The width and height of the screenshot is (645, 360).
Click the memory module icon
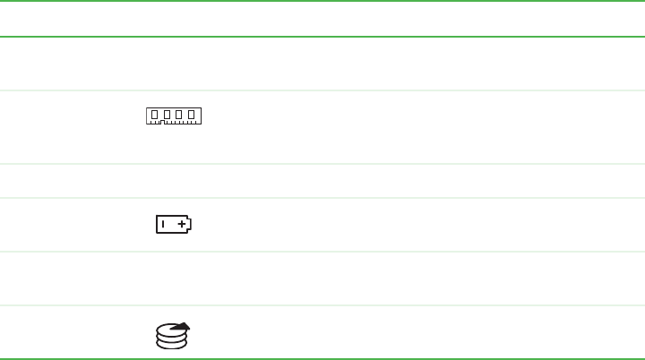tap(174, 116)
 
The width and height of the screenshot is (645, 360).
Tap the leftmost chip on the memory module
tap(154, 115)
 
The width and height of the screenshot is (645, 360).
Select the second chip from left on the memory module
tap(167, 115)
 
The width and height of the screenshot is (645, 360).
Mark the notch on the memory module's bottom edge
tap(160, 123)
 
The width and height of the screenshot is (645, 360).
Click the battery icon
tap(174, 225)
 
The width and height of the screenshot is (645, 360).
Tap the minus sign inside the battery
tap(164, 225)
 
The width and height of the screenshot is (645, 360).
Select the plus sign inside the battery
tap(182, 225)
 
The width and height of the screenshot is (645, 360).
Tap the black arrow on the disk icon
tap(181, 328)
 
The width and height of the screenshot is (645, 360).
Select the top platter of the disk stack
tap(171, 330)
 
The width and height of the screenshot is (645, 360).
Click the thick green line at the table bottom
tap(322, 359)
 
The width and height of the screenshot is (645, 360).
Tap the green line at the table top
tap(322, 37)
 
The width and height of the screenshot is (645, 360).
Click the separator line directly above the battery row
tap(322, 198)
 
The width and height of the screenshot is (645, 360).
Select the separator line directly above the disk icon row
tap(322, 305)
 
